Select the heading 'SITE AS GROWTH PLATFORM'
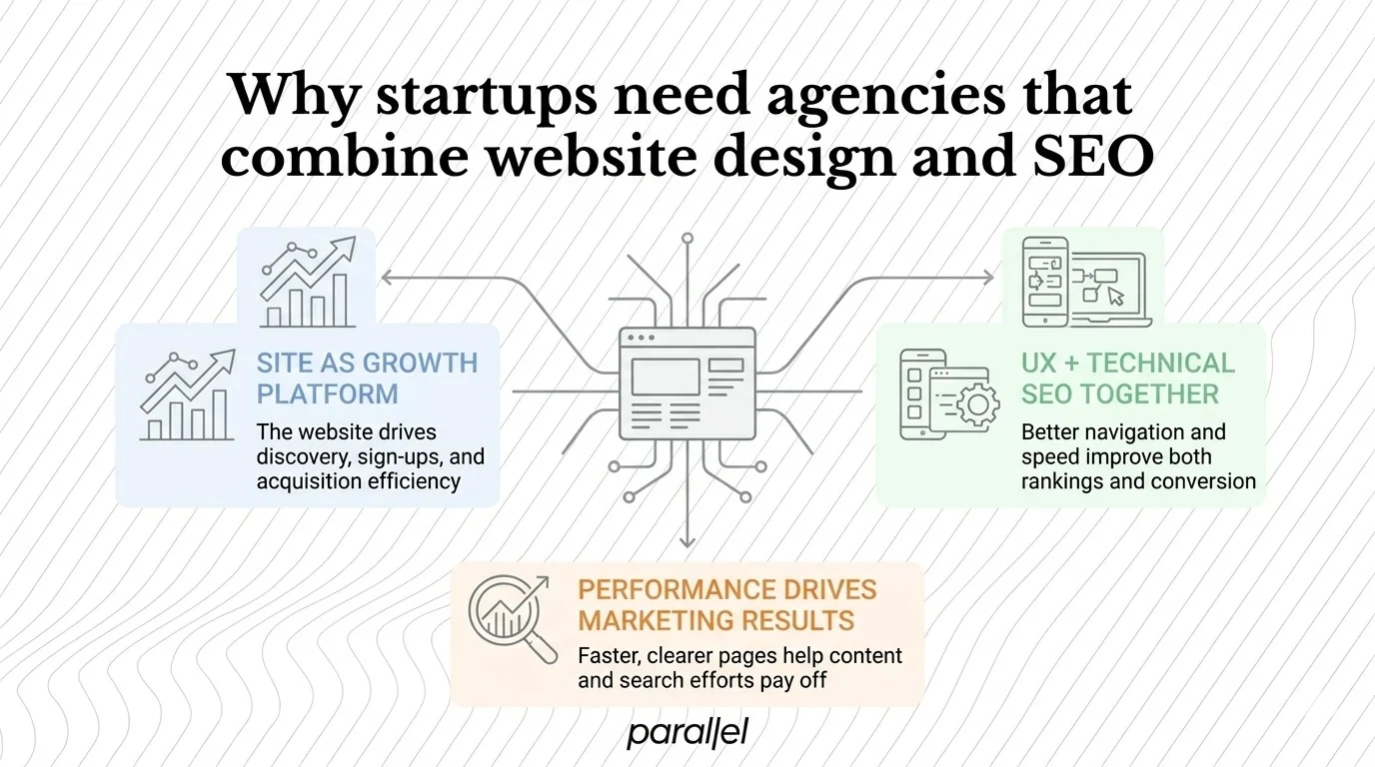367,378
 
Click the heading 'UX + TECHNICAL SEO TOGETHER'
1127,378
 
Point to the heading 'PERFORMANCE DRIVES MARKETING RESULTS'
726,604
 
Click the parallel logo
687,734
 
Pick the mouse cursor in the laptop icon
1115,297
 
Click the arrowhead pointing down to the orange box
687,541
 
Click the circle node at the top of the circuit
687,240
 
